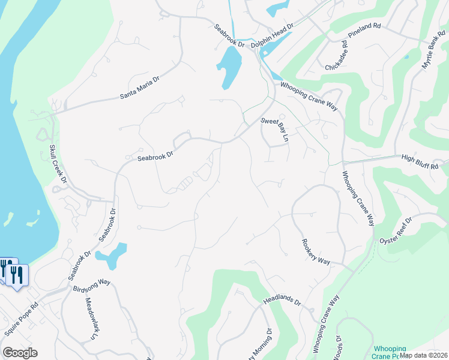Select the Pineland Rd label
pyautogui.click(x=364, y=34)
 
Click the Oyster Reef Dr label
pyautogui.click(x=396, y=231)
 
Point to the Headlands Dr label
pyautogui.click(x=282, y=300)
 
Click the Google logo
pyautogui.click(x=20, y=353)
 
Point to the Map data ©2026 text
pyautogui.click(x=423, y=355)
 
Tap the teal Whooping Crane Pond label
pyautogui.click(x=390, y=352)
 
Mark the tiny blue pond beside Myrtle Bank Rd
pyautogui.click(x=407, y=57)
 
